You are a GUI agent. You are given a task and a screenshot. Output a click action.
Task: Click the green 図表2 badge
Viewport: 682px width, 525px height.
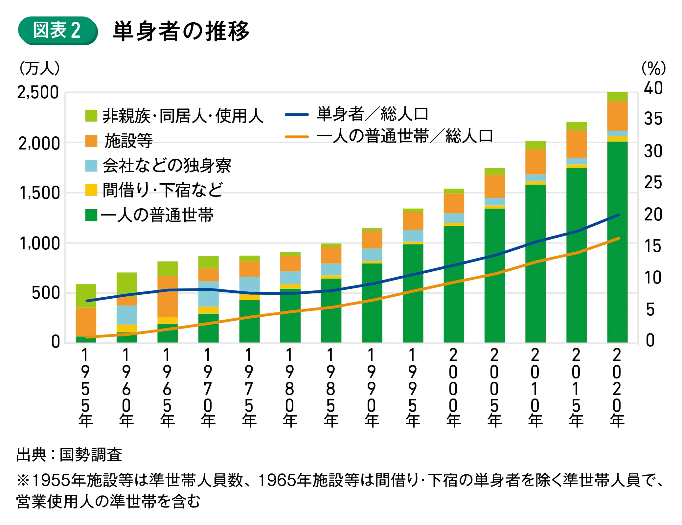(57, 31)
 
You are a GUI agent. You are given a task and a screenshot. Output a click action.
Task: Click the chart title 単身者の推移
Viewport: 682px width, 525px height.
(181, 31)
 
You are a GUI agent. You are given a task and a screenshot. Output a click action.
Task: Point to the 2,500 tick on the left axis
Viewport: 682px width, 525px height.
(38, 93)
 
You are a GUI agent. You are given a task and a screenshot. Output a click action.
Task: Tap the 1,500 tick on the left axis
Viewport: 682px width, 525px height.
(40, 193)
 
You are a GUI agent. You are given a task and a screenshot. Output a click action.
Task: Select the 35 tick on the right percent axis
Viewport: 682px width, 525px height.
(653, 119)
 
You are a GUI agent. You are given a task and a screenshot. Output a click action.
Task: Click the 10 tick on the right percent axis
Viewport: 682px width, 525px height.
(653, 278)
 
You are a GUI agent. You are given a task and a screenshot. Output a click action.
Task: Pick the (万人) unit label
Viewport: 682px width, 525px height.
(39, 68)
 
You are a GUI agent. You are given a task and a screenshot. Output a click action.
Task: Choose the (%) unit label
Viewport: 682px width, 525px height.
(653, 68)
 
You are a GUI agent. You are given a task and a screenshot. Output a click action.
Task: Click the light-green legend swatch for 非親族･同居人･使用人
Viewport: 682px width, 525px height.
(91, 116)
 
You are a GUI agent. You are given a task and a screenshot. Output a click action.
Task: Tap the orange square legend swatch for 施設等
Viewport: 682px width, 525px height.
(91, 141)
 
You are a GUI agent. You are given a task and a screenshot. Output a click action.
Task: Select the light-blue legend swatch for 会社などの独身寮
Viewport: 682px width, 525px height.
(91, 166)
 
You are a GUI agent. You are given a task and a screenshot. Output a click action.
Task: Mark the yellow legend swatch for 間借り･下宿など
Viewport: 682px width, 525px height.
(91, 190)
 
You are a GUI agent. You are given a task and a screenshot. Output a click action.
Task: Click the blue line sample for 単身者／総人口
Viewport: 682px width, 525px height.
(297, 115)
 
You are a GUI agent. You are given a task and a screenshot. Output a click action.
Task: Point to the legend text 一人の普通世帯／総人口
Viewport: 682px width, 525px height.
(405, 136)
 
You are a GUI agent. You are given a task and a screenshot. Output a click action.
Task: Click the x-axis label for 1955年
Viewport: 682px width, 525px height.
(85, 388)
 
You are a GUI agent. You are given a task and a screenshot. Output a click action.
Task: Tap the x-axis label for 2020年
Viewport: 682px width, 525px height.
(617, 388)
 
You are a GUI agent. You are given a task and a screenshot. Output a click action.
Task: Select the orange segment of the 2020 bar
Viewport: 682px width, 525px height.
(617, 116)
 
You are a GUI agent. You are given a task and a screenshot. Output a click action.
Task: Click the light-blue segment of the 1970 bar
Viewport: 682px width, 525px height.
(208, 294)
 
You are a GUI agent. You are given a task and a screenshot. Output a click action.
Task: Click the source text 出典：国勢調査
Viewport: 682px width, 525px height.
(69, 455)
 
